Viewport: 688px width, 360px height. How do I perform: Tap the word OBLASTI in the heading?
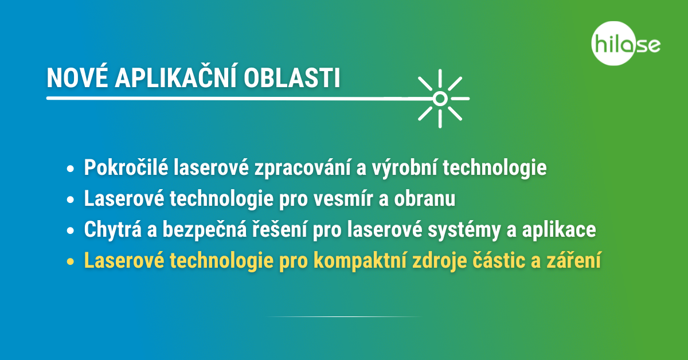point(292,78)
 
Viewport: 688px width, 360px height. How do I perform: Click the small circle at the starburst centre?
point(440,99)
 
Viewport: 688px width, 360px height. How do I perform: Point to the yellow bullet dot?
point(71,261)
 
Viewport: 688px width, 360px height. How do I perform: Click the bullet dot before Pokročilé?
point(71,169)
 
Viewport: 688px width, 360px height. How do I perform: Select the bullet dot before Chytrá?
point(71,230)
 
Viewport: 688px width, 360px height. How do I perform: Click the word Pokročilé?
point(126,167)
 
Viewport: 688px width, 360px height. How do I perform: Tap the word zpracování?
point(303,169)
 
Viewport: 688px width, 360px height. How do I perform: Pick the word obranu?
point(425,198)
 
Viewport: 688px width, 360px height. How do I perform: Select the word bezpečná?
point(205,230)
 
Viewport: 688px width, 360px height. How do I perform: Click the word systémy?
point(464,230)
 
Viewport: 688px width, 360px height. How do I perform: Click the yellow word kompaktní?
point(360,261)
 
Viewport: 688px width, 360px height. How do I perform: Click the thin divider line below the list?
point(344,316)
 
